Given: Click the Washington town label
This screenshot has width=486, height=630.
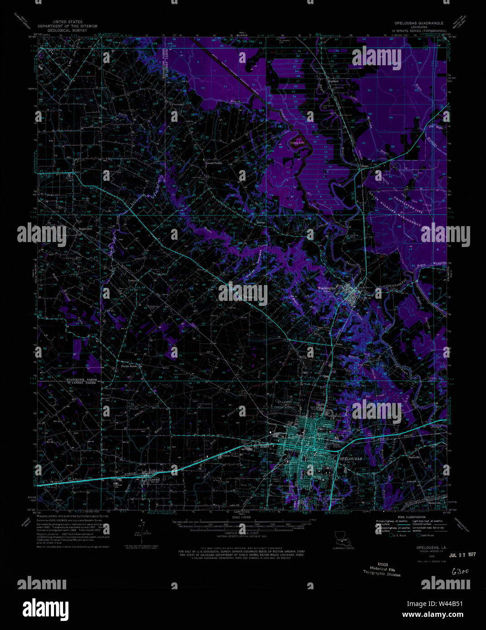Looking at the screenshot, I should coord(326,288).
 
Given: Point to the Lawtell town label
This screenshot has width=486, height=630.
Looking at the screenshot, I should coord(155,479).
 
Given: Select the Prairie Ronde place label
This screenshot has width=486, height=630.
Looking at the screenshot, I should coord(128,366).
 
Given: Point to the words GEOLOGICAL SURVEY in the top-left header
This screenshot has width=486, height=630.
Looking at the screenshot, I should coord(68,30).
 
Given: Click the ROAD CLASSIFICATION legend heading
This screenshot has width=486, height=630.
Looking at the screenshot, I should coord(411,517).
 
